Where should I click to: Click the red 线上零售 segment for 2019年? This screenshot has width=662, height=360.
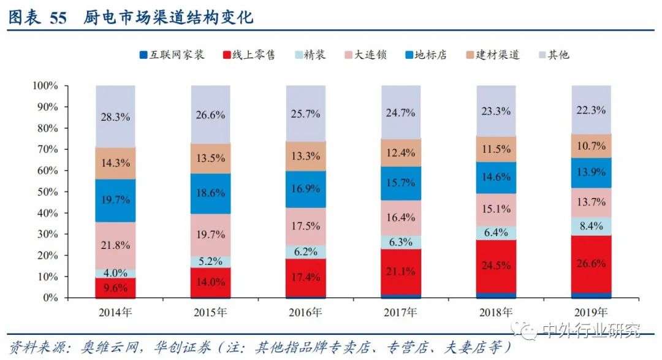tap(591, 264)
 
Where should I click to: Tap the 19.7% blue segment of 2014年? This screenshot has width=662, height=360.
tap(115, 201)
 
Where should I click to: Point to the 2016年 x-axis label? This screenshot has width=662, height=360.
tap(305, 313)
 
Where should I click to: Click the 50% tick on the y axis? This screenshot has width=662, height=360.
tap(45, 192)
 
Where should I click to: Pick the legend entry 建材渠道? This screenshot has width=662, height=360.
tap(497, 55)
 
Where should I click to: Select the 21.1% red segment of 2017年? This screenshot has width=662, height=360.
tap(401, 270)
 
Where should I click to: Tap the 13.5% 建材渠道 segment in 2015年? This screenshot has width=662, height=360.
tap(210, 158)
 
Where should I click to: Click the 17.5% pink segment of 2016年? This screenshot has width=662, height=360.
tap(305, 226)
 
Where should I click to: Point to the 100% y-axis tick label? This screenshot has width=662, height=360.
tap(44, 86)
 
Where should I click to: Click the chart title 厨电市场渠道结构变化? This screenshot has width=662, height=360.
tap(169, 18)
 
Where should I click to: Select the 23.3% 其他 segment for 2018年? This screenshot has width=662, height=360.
tap(496, 111)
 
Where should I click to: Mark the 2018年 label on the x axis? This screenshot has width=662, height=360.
tap(496, 313)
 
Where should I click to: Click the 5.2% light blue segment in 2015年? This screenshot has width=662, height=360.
tap(210, 261)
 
